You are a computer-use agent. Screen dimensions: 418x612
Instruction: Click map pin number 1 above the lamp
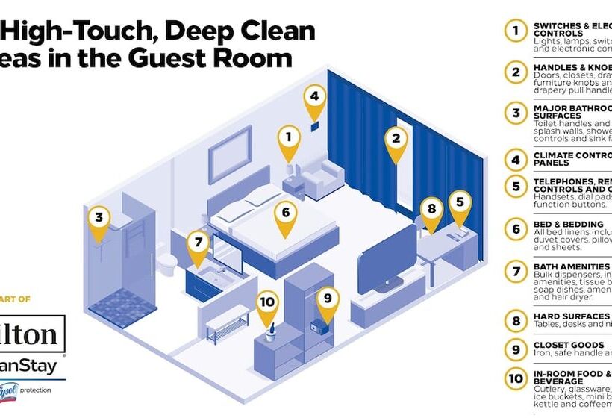289,138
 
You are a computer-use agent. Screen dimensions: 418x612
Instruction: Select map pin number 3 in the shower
99,220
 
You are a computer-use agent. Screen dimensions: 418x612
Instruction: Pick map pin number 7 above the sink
198,244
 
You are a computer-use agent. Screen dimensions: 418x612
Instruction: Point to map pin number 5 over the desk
460,203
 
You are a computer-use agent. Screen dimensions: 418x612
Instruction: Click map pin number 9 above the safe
327,300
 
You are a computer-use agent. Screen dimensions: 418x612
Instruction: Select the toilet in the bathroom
171,263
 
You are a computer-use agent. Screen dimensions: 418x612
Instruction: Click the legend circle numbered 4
515,159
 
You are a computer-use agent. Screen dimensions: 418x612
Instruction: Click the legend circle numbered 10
515,378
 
